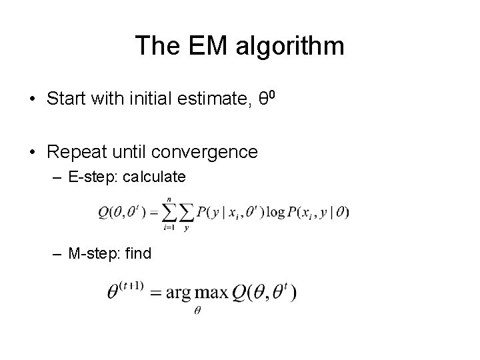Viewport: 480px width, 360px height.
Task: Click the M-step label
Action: pyautogui.click(x=93, y=253)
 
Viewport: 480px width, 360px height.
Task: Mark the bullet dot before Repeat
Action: pyautogui.click(x=32, y=153)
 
